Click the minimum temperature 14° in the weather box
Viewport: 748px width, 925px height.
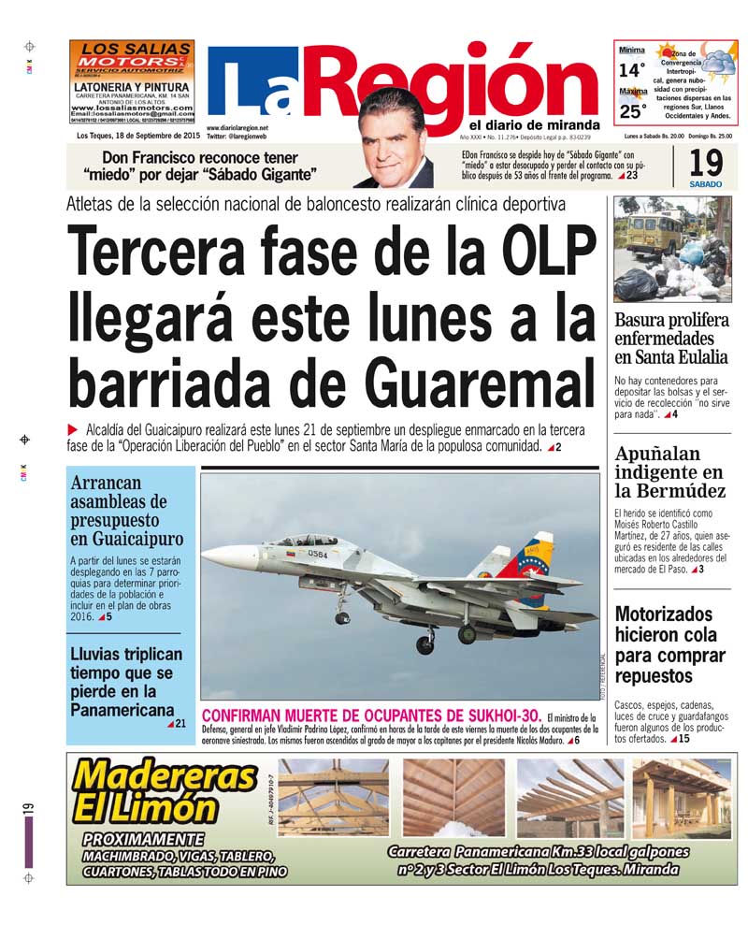click(632, 70)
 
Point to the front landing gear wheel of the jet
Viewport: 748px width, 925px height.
click(341, 617)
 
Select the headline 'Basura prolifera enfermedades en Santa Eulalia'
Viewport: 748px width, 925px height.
click(671, 338)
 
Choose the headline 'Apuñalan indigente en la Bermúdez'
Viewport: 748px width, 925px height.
click(669, 472)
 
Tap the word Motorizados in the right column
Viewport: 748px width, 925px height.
click(664, 614)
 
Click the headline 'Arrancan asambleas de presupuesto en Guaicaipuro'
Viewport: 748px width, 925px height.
click(126, 511)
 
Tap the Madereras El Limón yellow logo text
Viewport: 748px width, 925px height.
click(165, 790)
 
